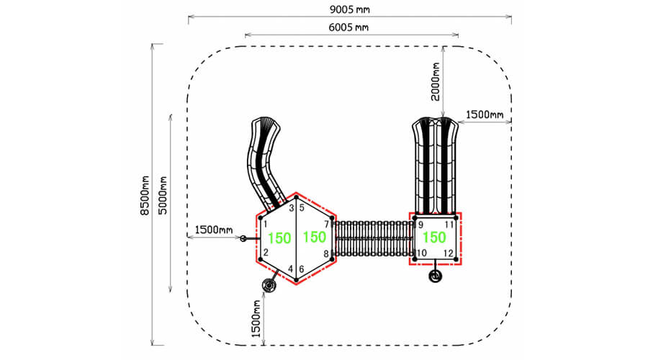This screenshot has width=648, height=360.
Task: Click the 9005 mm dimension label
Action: [x=350, y=9]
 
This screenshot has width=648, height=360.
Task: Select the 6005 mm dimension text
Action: [x=348, y=27]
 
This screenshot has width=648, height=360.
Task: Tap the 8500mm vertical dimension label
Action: [x=145, y=196]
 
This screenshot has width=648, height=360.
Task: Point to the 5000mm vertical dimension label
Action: [x=163, y=195]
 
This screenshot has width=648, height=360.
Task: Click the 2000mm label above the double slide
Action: [x=435, y=82]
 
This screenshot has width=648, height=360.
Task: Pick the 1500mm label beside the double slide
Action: [x=485, y=114]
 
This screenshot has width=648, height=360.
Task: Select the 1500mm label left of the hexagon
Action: [x=214, y=230]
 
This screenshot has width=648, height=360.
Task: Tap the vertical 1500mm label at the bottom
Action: [x=256, y=318]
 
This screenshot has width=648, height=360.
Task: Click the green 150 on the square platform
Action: [x=434, y=238]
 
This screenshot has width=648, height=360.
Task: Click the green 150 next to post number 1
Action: [x=279, y=238]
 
